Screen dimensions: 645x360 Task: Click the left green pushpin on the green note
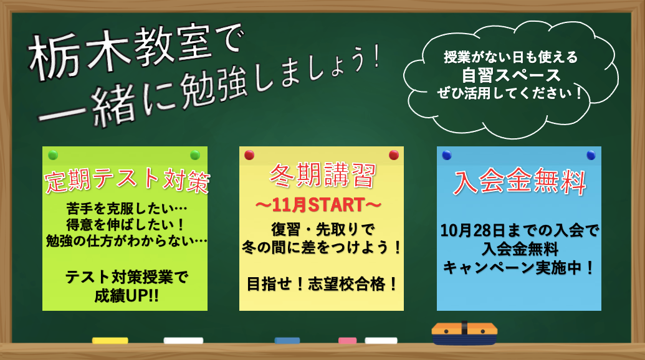53,155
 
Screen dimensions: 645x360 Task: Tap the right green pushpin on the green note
195,155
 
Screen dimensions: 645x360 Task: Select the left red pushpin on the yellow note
249,155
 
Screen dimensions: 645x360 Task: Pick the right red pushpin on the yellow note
394,155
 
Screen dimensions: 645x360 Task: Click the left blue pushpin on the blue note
447,155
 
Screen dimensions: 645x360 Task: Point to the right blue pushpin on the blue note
591,155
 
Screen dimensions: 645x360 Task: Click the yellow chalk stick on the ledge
110,340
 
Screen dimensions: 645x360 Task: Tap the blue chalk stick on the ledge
287,340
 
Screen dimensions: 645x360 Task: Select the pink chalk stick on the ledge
348,340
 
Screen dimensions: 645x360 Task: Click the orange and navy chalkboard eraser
464,333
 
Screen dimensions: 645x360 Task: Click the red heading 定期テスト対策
127,180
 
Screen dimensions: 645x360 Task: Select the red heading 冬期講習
323,175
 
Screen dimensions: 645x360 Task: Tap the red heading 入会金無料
520,181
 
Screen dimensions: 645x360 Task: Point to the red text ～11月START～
318,205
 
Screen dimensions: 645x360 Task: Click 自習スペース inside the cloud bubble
511,75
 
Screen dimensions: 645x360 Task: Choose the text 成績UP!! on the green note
127,295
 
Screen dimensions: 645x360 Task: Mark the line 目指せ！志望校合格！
323,284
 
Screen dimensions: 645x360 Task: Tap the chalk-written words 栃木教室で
136,51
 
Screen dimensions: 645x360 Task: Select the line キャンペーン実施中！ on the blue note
519,268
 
